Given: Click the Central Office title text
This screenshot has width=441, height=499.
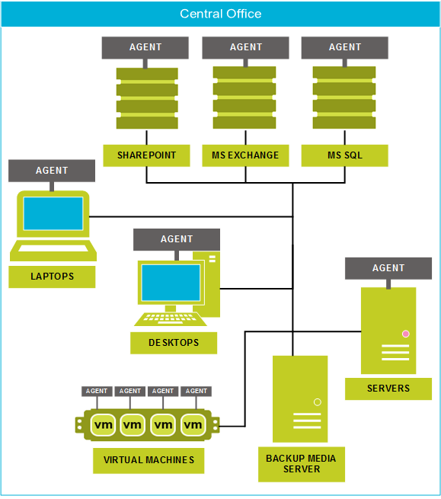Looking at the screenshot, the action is [221, 14].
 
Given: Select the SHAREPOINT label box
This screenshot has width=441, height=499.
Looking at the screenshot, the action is [146, 155].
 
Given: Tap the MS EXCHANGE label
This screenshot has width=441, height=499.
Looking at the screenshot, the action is [245, 155].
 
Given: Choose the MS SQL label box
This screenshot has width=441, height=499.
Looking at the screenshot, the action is [344, 155].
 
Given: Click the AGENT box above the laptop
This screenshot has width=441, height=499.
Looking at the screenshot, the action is [52, 171].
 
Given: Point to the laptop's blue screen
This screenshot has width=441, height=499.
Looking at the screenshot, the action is [53, 213].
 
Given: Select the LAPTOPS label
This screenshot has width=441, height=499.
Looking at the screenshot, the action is [52, 277].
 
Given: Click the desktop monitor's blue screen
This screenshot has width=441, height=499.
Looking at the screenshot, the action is [171, 283].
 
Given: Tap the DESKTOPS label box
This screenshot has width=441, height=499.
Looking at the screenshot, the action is [174, 343].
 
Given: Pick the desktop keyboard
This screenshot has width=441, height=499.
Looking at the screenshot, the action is [171, 319].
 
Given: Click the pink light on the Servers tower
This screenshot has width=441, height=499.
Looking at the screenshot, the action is [406, 334].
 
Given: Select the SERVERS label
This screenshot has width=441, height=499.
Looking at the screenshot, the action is [388, 389].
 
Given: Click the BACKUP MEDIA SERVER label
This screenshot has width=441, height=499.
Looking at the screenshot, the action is [302, 464].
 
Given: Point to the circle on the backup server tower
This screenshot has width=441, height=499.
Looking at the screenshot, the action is [317, 402].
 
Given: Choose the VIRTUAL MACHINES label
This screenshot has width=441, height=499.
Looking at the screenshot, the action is [149, 460].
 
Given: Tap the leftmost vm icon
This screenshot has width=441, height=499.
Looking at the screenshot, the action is [103, 424].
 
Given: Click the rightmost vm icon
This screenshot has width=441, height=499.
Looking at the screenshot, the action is [193, 424].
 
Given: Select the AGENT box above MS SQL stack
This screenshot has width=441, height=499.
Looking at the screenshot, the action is [344, 47].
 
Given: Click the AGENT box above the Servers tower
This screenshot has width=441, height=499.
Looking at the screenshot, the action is [388, 268].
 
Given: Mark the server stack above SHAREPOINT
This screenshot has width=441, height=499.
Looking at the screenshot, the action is [147, 98].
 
